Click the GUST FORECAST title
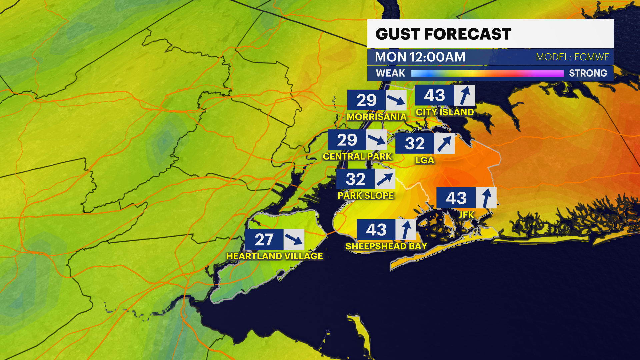(x=443, y=34)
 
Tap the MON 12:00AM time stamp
(x=420, y=57)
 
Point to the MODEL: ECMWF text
(x=572, y=57)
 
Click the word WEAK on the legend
(x=390, y=73)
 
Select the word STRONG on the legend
(x=588, y=73)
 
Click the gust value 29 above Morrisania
(x=366, y=100)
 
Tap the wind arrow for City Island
(x=465, y=95)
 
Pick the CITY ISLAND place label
(x=445, y=112)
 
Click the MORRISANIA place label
(x=376, y=117)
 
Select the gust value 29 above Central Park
(x=347, y=140)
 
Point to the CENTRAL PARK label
(x=357, y=156)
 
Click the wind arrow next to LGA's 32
(x=444, y=144)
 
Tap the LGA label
(x=424, y=160)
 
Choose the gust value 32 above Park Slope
(x=356, y=179)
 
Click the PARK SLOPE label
(x=366, y=195)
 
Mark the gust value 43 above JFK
(x=456, y=198)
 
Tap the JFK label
(x=466, y=215)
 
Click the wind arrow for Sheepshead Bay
(x=406, y=230)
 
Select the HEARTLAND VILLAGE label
(x=274, y=256)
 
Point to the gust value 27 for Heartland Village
(x=264, y=239)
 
